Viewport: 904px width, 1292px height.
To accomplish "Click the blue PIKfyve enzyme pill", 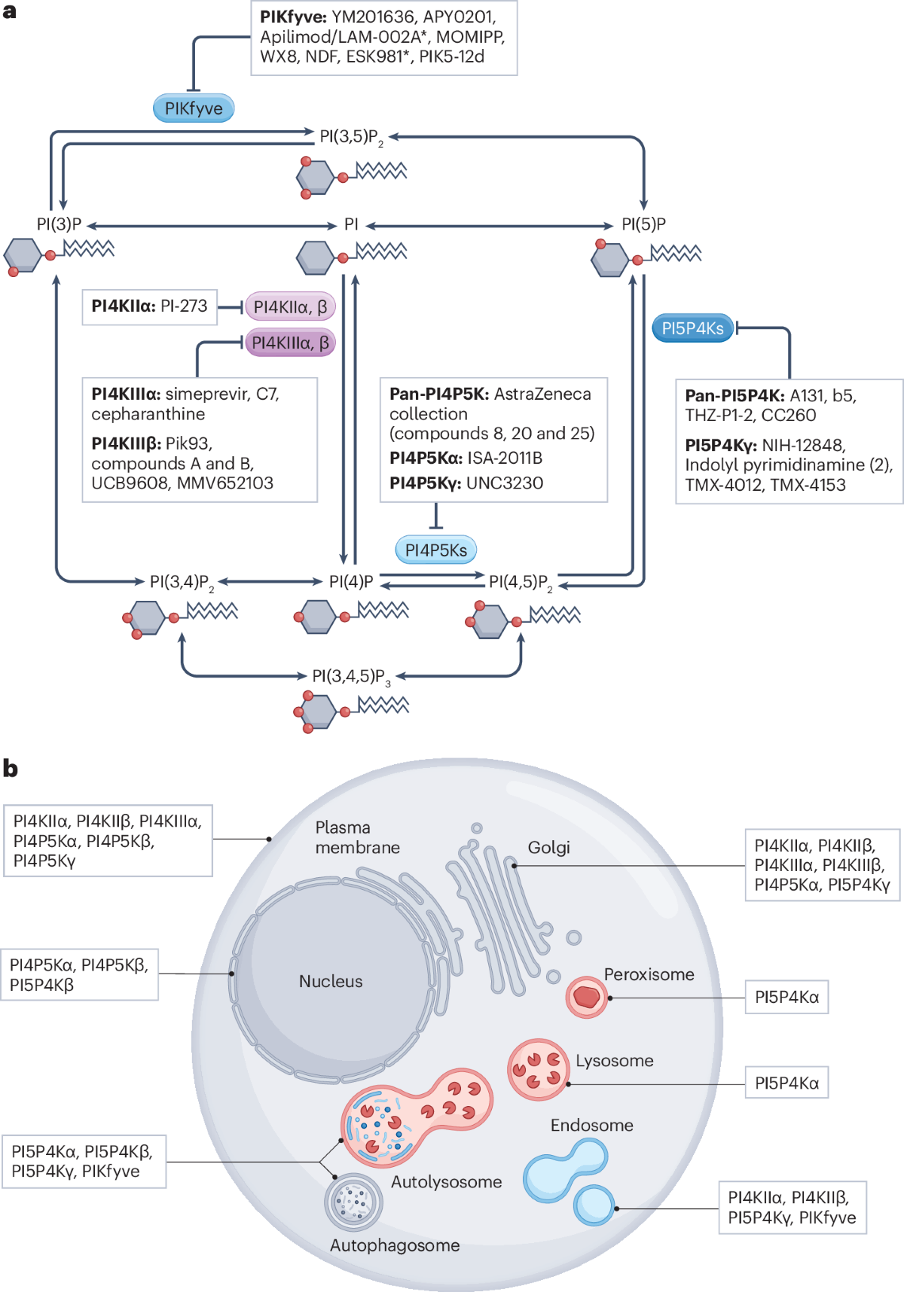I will click(194, 108).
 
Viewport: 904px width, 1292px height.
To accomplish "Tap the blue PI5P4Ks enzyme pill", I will click(692, 328).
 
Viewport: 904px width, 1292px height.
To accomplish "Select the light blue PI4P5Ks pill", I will click(435, 550).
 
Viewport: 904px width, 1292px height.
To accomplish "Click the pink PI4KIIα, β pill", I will click(290, 306).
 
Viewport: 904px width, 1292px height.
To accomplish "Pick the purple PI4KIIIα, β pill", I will click(290, 343).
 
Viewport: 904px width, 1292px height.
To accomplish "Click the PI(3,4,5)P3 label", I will click(351, 676).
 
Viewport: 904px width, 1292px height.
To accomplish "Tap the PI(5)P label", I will click(643, 224).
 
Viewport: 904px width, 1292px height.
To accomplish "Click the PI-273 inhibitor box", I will click(149, 306).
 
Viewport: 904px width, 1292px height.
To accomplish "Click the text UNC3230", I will click(505, 483).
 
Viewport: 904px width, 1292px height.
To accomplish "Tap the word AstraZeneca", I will click(542, 394).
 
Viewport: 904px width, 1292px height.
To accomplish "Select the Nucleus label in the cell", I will click(331, 981).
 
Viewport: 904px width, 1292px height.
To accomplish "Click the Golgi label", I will click(548, 848).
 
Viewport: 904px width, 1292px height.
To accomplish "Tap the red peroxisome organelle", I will click(587, 998).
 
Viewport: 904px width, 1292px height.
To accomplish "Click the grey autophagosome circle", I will click(353, 1201).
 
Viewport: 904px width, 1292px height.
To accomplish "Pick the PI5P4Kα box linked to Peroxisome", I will click(786, 997).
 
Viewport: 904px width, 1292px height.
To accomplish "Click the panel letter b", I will click(11, 769).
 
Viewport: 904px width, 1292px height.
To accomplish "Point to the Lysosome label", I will click(614, 1061).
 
